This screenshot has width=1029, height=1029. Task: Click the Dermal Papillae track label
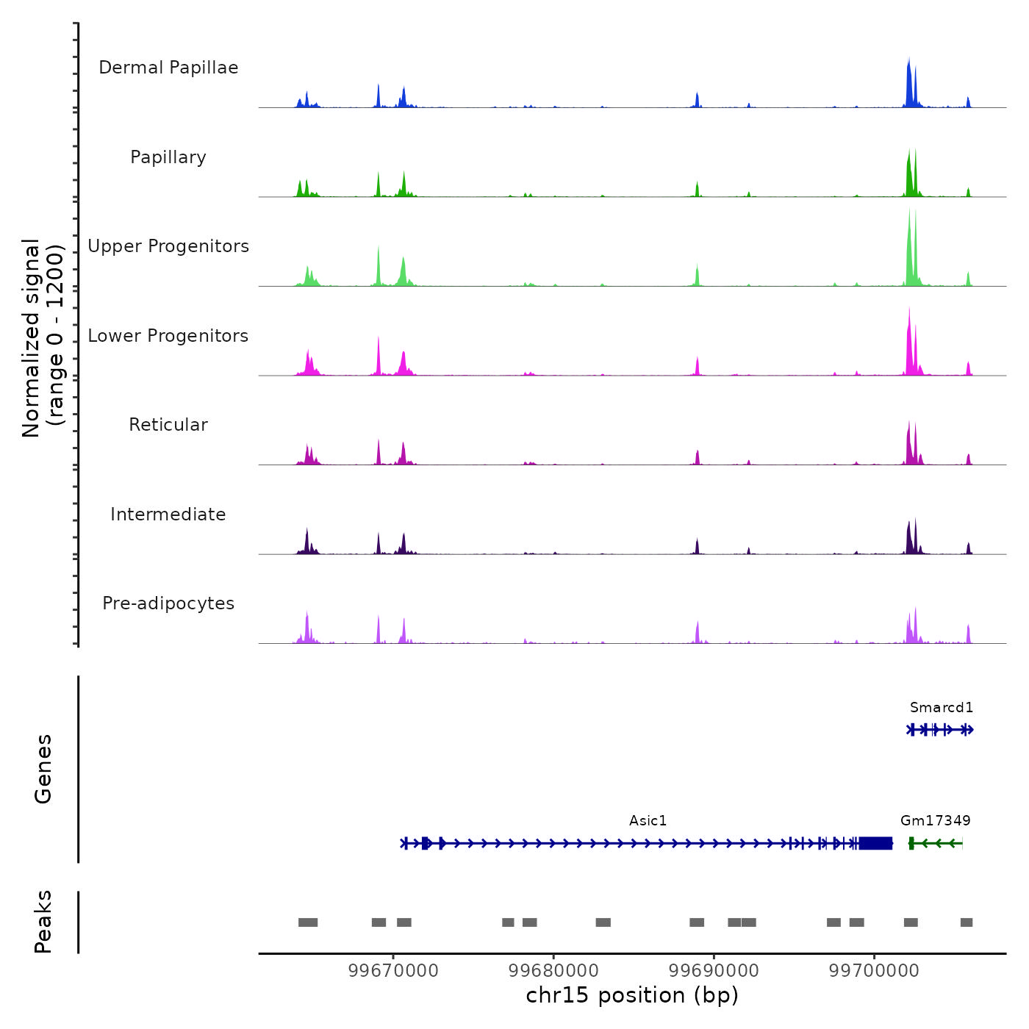[x=168, y=68]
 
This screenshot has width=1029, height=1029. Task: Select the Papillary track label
[x=168, y=157]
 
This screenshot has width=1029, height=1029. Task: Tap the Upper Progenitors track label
[x=168, y=246]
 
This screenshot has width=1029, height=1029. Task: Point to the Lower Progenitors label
[x=168, y=336]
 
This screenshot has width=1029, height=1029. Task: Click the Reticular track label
[x=168, y=425]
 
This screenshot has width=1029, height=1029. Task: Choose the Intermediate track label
[x=168, y=514]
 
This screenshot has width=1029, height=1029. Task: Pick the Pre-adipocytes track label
[x=168, y=603]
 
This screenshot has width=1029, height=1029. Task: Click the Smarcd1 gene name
[x=942, y=708]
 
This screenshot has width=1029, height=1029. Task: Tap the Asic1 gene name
[x=648, y=821]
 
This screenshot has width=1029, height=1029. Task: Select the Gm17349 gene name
[x=936, y=821]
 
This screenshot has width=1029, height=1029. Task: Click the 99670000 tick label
[x=393, y=971]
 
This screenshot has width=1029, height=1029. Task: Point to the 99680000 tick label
[x=553, y=971]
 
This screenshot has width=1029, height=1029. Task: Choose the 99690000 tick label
[x=714, y=971]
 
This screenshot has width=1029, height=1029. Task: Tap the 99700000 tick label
[x=874, y=971]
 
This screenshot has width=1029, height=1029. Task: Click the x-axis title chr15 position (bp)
[x=632, y=996]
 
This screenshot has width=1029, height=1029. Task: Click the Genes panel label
[x=43, y=769]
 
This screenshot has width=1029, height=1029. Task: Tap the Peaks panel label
[x=43, y=922]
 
